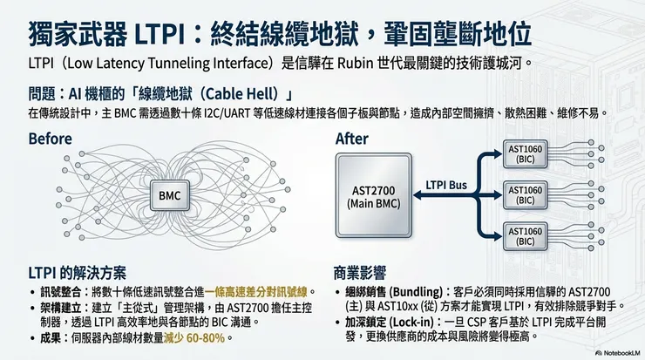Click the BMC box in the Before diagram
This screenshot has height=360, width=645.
(x=169, y=196)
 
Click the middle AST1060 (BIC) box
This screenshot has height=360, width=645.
(x=525, y=195)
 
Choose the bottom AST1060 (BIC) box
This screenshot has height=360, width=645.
(x=525, y=235)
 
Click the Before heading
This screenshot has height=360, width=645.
(x=51, y=139)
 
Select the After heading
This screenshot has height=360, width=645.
(x=352, y=139)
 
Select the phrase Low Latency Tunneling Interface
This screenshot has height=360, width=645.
(x=145, y=64)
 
